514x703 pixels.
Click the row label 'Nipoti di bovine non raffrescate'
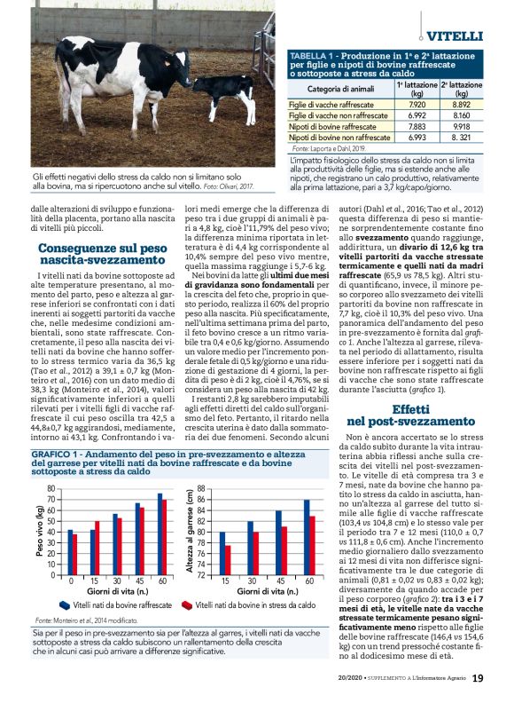coord(339,138)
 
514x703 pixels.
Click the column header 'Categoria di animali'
coord(340,90)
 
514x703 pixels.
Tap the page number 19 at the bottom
coord(477,678)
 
